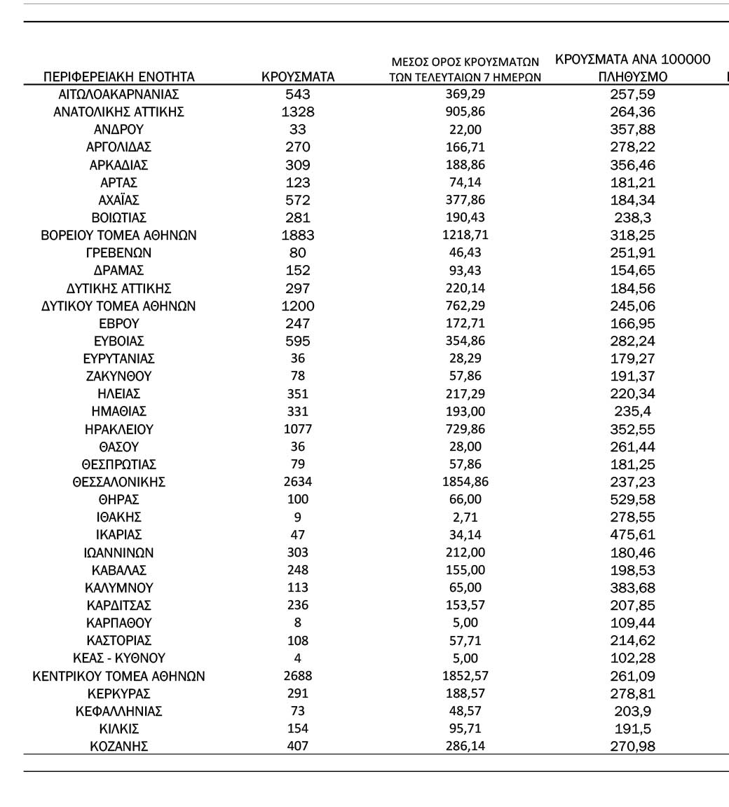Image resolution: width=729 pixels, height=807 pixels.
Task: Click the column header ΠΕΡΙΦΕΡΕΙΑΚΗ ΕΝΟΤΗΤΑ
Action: tap(119, 77)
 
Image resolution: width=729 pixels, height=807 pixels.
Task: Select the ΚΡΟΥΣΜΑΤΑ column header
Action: tap(298, 77)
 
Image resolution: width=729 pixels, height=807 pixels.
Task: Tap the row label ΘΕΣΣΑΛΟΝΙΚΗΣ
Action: tap(118, 482)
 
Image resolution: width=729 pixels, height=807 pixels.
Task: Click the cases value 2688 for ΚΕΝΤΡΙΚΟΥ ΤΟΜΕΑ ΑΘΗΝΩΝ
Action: tap(298, 676)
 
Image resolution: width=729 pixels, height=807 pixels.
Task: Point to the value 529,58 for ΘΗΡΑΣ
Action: tap(633, 499)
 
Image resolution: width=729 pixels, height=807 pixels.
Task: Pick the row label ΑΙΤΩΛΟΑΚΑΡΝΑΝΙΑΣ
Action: tap(118, 94)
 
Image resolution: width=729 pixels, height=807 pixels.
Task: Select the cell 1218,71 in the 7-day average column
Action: tap(465, 235)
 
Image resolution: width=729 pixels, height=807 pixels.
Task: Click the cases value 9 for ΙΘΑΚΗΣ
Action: tap(298, 517)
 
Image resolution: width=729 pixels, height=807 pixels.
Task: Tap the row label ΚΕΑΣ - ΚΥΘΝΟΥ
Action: tap(118, 658)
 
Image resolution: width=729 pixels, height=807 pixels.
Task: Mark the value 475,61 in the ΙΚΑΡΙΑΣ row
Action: tap(633, 534)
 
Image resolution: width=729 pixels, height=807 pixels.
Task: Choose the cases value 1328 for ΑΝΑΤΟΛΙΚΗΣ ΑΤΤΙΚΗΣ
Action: tap(298, 111)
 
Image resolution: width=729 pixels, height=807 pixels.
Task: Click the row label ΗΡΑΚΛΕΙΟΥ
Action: tap(118, 428)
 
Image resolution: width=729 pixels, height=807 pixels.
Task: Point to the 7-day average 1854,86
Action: tap(465, 482)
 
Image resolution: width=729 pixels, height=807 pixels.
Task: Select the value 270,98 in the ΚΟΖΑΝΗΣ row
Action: tap(633, 747)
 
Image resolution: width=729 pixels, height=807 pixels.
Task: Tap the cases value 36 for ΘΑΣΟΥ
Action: tap(298, 446)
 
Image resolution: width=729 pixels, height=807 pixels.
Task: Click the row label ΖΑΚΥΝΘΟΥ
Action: tap(118, 376)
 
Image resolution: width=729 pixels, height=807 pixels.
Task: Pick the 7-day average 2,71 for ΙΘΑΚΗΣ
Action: tap(465, 517)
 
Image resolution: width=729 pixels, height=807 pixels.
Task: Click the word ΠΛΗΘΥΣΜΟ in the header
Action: tap(633, 77)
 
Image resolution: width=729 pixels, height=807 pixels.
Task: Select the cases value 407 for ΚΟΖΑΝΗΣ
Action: tap(298, 747)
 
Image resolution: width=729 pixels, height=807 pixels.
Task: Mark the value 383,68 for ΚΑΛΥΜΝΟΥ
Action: tap(633, 588)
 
